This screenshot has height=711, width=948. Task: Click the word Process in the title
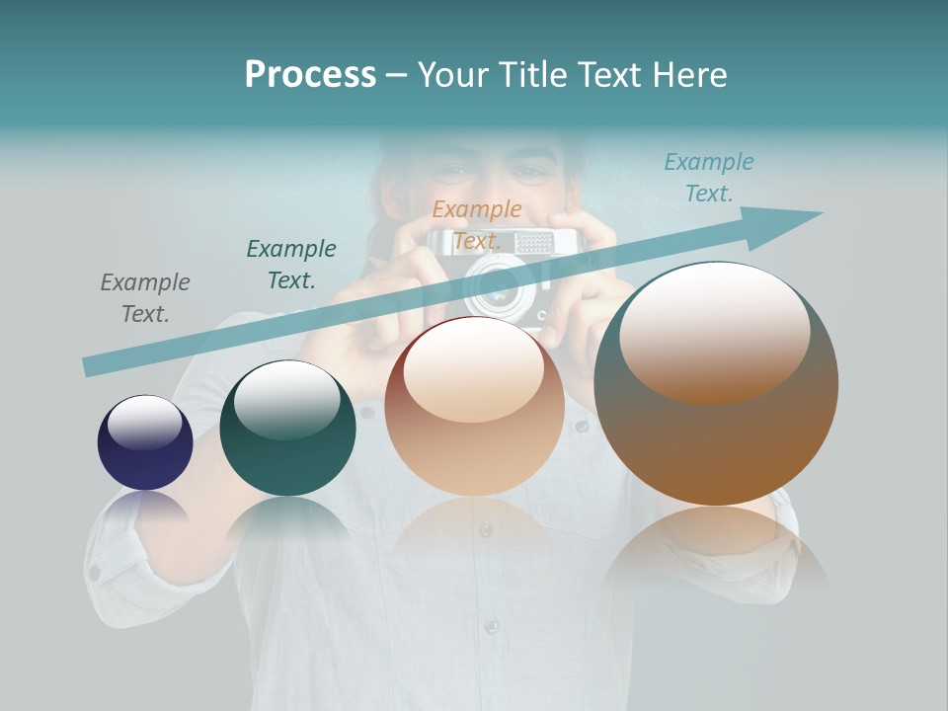310,75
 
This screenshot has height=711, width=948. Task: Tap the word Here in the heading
688,75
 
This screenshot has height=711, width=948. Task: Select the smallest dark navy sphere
145,443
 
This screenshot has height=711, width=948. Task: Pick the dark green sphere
287,429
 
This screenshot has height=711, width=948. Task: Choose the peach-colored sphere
474,407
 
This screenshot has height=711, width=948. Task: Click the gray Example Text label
145,297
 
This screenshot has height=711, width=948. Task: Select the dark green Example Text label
291,264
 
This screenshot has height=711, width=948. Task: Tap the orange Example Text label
477,224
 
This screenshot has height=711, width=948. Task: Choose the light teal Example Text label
709,178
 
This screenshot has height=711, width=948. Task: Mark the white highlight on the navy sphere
145,422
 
